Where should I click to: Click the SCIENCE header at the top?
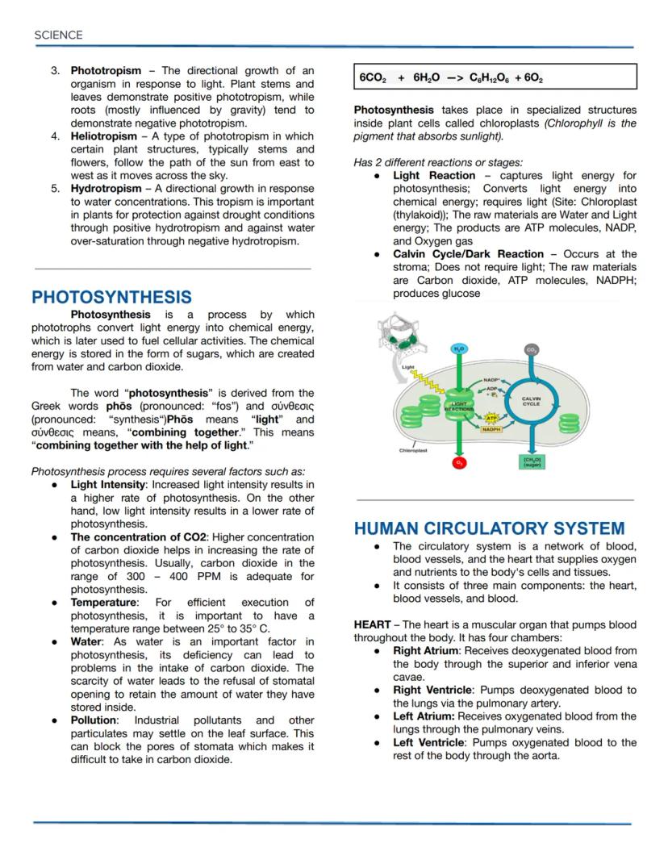click(x=58, y=35)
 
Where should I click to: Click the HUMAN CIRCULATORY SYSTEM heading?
click(x=489, y=528)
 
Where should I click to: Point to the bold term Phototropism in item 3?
click(x=106, y=71)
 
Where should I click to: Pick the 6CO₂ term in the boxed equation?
click(x=373, y=78)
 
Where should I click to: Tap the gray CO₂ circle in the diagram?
click(x=532, y=349)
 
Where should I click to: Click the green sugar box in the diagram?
click(x=532, y=462)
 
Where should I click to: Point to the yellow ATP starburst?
click(x=491, y=418)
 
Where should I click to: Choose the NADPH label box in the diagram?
click(x=491, y=430)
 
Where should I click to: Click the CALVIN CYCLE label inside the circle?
click(x=532, y=401)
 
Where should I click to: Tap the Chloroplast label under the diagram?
click(x=414, y=450)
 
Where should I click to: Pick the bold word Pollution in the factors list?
click(x=94, y=720)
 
